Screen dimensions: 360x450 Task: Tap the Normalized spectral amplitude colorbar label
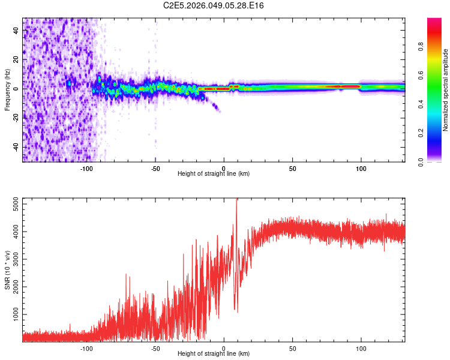point(446,90)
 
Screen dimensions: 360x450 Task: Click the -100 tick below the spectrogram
point(86,167)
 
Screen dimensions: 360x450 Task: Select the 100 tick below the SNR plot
point(361,347)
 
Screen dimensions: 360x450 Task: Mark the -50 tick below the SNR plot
point(155,347)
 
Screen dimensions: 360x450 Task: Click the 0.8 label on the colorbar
point(422,47)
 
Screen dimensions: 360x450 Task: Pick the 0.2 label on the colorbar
point(422,133)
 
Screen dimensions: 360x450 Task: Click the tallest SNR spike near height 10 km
point(236,200)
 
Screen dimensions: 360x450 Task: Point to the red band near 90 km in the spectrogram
point(347,87)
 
